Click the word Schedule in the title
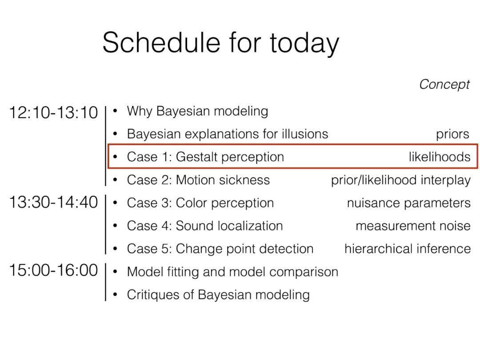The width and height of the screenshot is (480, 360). point(161,42)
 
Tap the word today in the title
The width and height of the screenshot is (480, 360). point(304,44)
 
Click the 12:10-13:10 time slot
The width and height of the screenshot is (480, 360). point(54,112)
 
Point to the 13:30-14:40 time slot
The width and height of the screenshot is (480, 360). point(54,202)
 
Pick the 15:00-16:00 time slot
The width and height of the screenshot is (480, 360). point(54,270)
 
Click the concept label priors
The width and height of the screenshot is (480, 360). point(452,134)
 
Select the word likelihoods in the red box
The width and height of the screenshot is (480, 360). point(440,157)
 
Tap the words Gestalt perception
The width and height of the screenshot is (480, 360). point(230,157)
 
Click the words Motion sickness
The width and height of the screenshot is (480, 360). point(223,180)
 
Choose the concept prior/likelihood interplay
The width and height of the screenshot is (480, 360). point(401,180)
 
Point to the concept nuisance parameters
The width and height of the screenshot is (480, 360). point(409,203)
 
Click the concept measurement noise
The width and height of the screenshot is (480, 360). point(413,226)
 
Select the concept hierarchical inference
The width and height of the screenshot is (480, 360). point(408,248)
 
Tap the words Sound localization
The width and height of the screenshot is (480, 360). point(229,226)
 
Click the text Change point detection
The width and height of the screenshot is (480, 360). point(244,249)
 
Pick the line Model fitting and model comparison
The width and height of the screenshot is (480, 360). point(232,272)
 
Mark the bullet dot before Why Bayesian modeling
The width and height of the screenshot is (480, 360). point(115,111)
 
